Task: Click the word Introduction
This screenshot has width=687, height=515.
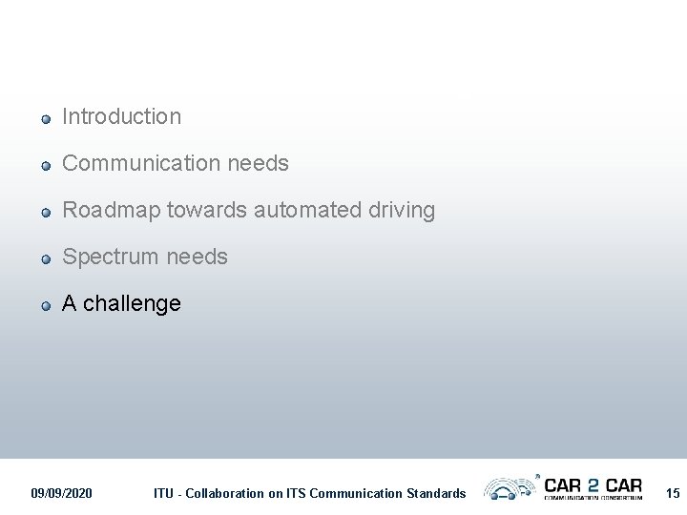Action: pos(121,116)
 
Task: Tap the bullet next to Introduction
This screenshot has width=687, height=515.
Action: pos(45,119)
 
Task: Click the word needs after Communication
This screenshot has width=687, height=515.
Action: pos(258,163)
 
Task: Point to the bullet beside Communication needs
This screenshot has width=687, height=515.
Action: pos(45,166)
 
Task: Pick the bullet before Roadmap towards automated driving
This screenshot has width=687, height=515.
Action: pos(45,213)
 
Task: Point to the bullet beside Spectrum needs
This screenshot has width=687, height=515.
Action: pos(45,259)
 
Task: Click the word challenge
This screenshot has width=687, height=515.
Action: pos(132,303)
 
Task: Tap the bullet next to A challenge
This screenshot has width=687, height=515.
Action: pos(45,306)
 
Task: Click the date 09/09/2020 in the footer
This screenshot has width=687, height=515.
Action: pos(62,493)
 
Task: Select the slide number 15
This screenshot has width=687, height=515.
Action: pos(673,493)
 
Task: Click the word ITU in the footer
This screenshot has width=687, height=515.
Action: pos(164,493)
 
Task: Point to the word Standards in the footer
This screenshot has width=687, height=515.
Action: pos(434,493)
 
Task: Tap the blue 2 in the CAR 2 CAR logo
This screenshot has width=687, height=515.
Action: pos(593,484)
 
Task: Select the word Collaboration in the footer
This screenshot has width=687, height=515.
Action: pos(224,493)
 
